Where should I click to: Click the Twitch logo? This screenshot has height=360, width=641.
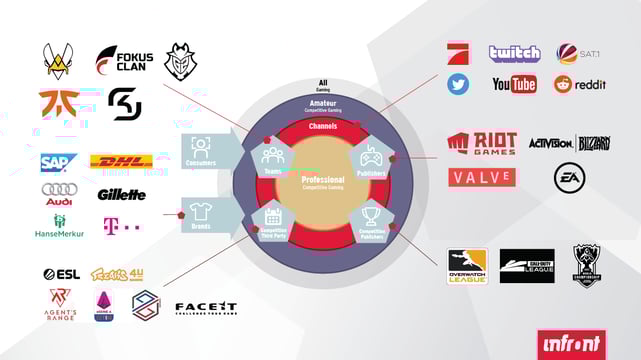pyautogui.click(x=514, y=53)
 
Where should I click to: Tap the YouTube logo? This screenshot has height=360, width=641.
pyautogui.click(x=514, y=84)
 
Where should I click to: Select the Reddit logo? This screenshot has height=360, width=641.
pyautogui.click(x=579, y=84)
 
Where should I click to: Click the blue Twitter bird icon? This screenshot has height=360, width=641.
pyautogui.click(x=458, y=84)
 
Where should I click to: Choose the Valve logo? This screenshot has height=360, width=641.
pyautogui.click(x=482, y=178)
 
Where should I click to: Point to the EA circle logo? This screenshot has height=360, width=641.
pyautogui.click(x=568, y=177)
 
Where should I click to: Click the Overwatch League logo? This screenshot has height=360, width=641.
pyautogui.click(x=466, y=266)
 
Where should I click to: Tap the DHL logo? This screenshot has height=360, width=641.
pyautogui.click(x=122, y=162)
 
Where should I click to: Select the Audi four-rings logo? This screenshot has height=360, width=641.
pyautogui.click(x=58, y=189)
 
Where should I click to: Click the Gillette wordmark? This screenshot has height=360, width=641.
pyautogui.click(x=122, y=194)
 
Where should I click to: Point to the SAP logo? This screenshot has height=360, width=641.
pyautogui.click(x=59, y=162)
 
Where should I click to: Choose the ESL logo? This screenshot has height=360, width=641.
pyautogui.click(x=61, y=274)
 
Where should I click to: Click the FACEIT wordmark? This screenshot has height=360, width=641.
pyautogui.click(x=206, y=307)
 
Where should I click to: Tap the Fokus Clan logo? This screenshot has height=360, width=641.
pyautogui.click(x=123, y=61)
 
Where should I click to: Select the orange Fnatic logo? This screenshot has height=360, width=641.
pyautogui.click(x=60, y=103)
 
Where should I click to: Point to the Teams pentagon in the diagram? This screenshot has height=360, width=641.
pyautogui.click(x=272, y=159)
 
